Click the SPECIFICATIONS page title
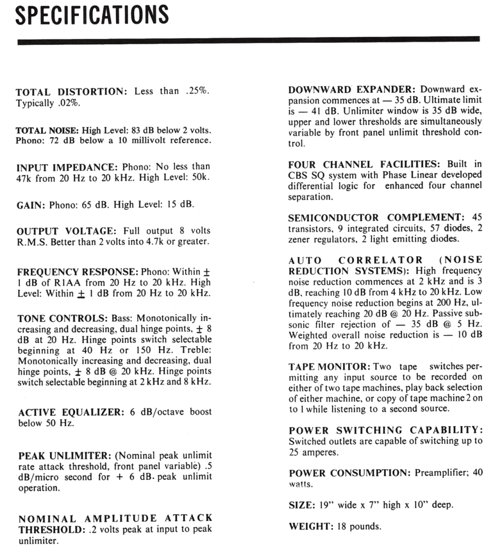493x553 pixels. tap(92, 15)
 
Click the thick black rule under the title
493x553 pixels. tap(248, 41)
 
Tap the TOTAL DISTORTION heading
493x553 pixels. tap(71, 92)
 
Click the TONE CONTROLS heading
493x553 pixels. tap(62, 318)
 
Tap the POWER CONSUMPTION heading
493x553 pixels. tap(350, 473)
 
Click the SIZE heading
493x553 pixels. tap(301, 505)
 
